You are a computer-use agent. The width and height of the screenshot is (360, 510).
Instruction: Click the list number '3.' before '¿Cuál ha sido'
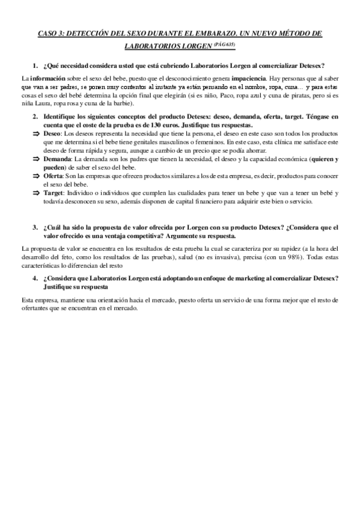pyautogui.click(x=35, y=227)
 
